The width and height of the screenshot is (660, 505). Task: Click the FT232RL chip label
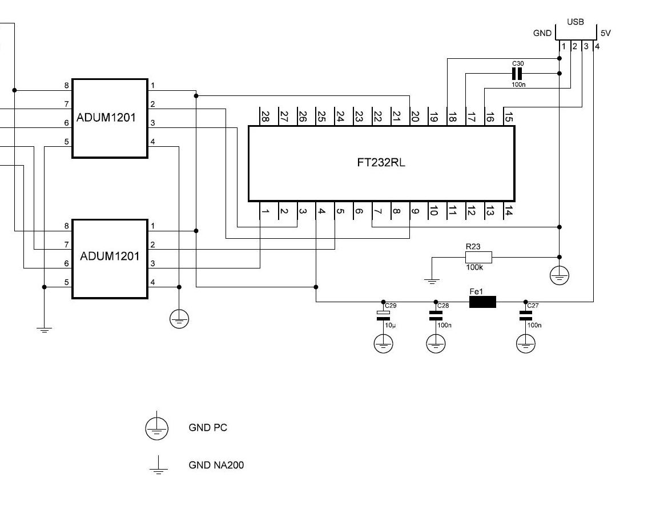click(381, 162)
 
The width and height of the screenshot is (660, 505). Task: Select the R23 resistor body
click(473, 258)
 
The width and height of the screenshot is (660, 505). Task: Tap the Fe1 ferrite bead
click(482, 302)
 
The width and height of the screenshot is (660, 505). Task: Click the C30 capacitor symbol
click(517, 74)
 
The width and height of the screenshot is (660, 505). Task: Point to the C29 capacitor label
click(390, 306)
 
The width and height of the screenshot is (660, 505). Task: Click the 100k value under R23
click(473, 267)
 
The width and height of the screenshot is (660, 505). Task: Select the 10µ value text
click(390, 325)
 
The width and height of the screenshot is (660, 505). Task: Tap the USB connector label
click(576, 22)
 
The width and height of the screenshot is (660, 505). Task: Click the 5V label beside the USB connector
click(606, 33)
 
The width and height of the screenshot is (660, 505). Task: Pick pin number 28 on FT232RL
click(265, 117)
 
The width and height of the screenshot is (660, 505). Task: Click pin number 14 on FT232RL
click(508, 211)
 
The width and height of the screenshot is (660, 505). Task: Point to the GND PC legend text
click(208, 427)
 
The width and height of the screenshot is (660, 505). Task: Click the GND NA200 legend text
click(216, 465)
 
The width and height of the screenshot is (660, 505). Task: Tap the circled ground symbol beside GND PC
click(156, 428)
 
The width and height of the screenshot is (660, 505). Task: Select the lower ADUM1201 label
click(110, 256)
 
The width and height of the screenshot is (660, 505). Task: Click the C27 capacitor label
click(533, 306)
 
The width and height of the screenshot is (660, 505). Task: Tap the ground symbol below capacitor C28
click(436, 343)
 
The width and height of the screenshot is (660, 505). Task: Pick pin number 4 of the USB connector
click(597, 46)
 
